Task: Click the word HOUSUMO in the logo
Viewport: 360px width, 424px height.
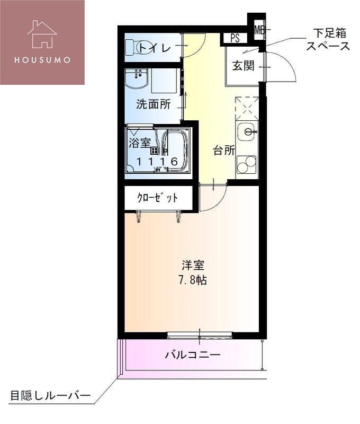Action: point(42,59)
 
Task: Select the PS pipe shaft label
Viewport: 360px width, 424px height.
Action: point(235,39)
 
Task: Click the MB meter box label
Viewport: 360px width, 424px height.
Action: point(259,30)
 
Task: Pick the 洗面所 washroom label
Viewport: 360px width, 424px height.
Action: point(153,104)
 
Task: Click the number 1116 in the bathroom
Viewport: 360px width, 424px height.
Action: point(157,162)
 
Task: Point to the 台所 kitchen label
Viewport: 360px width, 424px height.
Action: point(224,150)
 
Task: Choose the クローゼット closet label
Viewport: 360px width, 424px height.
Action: point(157,198)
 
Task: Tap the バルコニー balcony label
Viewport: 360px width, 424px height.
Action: point(192,354)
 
